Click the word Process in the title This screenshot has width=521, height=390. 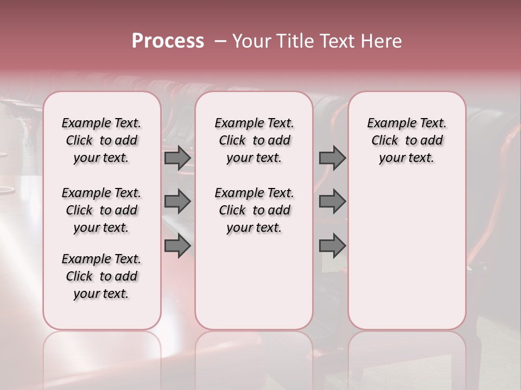(x=168, y=41)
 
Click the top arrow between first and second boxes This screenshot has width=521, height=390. (x=177, y=158)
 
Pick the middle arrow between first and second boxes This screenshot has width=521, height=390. (x=177, y=201)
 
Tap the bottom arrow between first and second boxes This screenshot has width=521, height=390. (x=177, y=246)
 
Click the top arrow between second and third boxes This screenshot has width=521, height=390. (x=332, y=158)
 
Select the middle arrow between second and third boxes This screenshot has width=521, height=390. (x=332, y=201)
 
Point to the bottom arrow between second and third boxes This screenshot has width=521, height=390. (x=332, y=246)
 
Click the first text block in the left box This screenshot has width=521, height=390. (x=101, y=140)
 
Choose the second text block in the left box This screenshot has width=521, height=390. (x=101, y=210)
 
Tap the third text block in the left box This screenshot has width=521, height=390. (x=101, y=276)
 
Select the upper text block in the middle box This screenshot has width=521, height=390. (x=254, y=140)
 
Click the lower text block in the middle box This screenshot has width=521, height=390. (x=254, y=210)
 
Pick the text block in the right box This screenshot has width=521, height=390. (x=406, y=140)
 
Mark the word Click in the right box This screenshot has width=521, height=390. (x=385, y=141)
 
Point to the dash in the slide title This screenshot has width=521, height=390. (x=220, y=41)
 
